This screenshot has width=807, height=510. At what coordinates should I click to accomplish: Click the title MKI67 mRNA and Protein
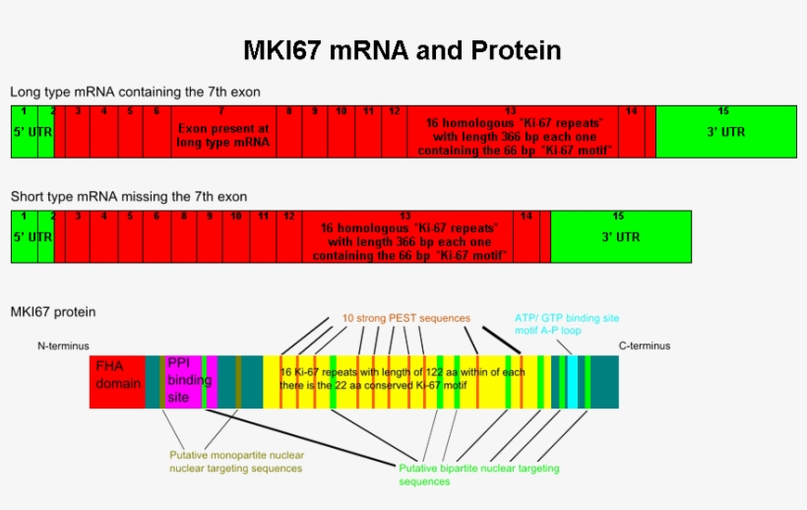[x=402, y=50]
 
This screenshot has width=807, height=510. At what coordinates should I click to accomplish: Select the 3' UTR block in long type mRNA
[x=726, y=131]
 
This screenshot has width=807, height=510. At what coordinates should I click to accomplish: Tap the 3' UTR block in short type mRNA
[x=620, y=236]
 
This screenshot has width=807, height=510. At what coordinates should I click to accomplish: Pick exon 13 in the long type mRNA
[x=511, y=131]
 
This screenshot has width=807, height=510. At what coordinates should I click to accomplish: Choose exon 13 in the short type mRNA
[x=405, y=236]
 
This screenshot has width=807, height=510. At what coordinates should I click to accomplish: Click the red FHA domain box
[x=117, y=382]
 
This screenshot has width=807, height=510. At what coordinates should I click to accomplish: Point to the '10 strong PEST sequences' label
[x=405, y=318]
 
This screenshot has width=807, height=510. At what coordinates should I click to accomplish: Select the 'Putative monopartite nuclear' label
[x=235, y=455]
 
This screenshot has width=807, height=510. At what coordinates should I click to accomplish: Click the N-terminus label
[x=63, y=346]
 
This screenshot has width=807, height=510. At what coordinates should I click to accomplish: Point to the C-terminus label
[x=644, y=346]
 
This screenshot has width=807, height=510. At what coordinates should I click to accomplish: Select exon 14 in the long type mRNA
[x=632, y=131]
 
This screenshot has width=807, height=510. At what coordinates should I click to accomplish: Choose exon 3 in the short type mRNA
[x=77, y=236]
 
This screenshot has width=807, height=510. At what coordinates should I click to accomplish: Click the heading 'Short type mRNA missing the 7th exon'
[x=129, y=197]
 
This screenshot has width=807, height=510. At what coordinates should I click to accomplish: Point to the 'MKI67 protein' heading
[x=53, y=312]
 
